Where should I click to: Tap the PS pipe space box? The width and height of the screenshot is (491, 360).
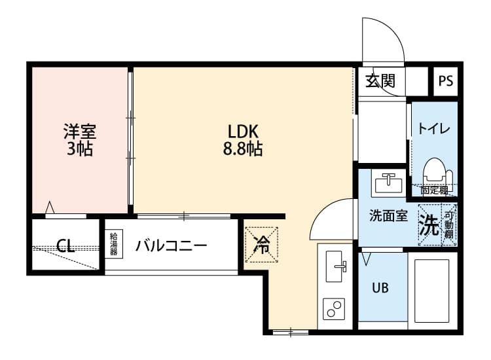click(x=446, y=82)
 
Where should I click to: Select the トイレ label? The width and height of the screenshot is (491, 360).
click(x=433, y=129)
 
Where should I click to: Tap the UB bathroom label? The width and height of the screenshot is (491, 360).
click(x=380, y=287)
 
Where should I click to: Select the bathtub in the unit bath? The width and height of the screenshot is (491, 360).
click(x=431, y=289)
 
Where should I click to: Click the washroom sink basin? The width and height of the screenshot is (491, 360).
click(x=389, y=182)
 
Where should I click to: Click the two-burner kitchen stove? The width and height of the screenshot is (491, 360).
click(x=335, y=309)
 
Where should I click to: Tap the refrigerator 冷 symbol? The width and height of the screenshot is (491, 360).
click(x=261, y=245)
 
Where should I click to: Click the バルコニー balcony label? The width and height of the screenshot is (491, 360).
click(x=172, y=246)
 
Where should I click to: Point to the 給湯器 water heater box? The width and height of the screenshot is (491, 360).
click(x=113, y=244)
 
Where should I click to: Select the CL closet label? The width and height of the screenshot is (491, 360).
click(x=65, y=247)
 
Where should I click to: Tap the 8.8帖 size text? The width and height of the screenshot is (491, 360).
click(x=244, y=149)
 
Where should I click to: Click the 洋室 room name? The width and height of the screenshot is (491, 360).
click(x=79, y=130)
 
